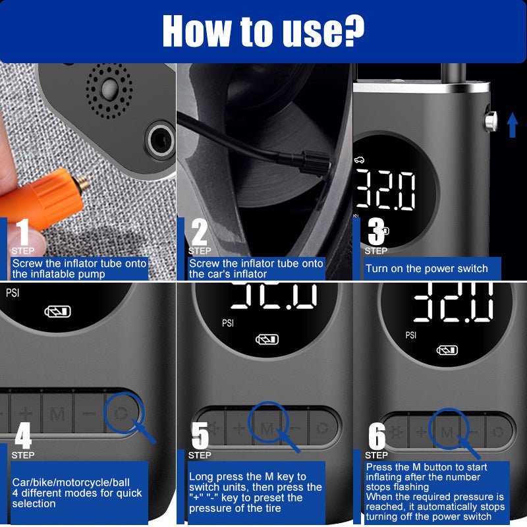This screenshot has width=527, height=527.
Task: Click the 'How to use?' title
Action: point(263,29)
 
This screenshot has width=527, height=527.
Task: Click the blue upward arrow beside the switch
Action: point(512,125)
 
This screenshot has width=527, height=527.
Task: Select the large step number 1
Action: point(22,232)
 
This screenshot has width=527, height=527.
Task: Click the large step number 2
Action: point(200,232)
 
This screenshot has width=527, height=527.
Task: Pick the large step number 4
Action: point(23,435)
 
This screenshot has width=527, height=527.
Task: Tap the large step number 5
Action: point(200,435)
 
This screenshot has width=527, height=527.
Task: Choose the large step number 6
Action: point(376,435)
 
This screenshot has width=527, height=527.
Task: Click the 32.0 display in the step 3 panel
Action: point(386,190)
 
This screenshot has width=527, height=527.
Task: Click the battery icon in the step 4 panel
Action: point(57,312)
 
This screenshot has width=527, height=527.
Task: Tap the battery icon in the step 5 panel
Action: point(267,340)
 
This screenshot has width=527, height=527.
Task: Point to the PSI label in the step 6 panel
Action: point(411,335)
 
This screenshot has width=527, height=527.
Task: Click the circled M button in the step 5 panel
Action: point(267,428)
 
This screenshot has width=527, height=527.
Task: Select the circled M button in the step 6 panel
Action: point(447,432)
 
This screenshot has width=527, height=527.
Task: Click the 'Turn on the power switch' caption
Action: point(427,269)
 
